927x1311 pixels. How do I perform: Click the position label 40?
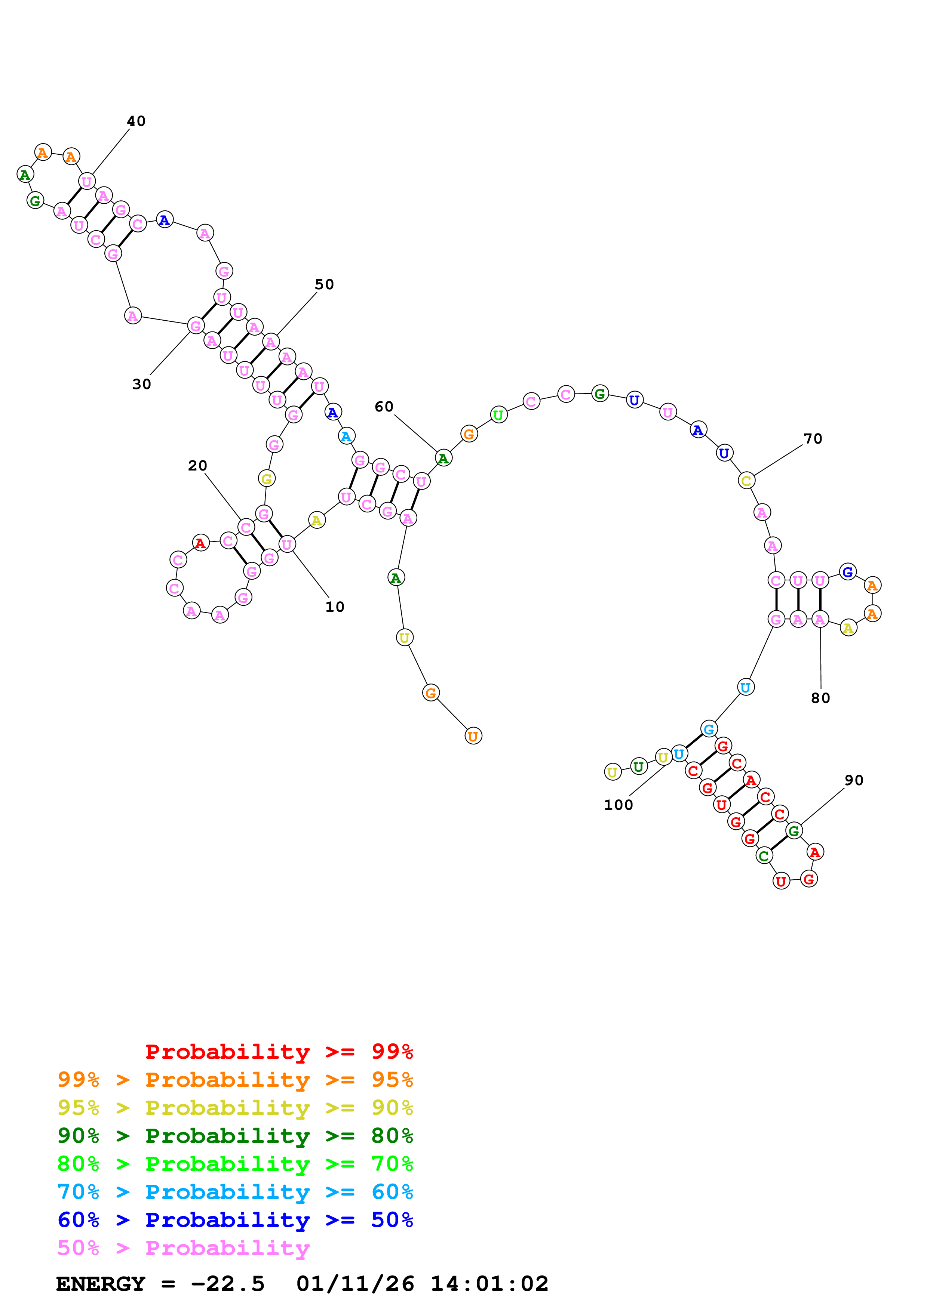pyautogui.click(x=136, y=121)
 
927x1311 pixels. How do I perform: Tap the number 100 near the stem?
pyautogui.click(x=618, y=805)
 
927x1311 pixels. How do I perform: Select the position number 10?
pyautogui.click(x=335, y=607)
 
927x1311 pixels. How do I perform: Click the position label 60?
pyautogui.click(x=384, y=407)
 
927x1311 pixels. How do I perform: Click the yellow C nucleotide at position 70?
pyautogui.click(x=746, y=481)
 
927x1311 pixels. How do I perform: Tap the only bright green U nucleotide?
pyautogui.click(x=498, y=415)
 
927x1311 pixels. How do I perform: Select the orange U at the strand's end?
pyautogui.click(x=473, y=736)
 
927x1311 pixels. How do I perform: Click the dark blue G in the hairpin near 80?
pyautogui.click(x=848, y=571)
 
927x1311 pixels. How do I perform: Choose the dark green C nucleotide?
pyautogui.click(x=764, y=855)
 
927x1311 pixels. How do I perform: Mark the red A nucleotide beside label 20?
pyautogui.click(x=200, y=543)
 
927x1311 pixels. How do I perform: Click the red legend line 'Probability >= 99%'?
pyautogui.click(x=279, y=1052)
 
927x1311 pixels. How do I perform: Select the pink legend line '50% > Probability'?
pyautogui.click(x=183, y=1247)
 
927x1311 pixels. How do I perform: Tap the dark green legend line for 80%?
pyautogui.click(x=235, y=1136)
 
